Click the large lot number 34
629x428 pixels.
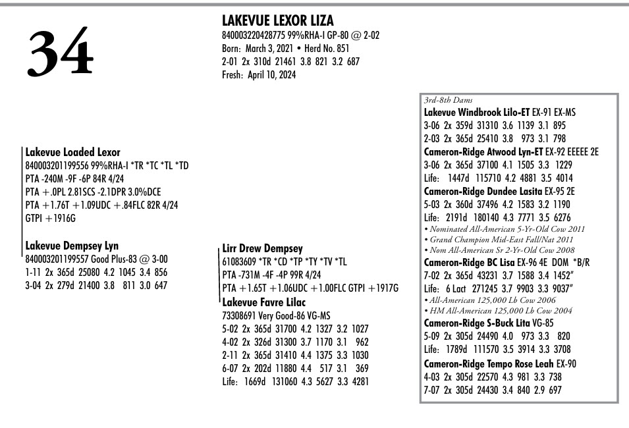(60, 51)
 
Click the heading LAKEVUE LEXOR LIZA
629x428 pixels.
(277, 21)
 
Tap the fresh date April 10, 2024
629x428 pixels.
(271, 74)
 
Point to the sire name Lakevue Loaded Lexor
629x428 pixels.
(72, 152)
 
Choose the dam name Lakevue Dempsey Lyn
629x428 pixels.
(72, 246)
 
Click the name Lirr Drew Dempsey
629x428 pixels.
(262, 249)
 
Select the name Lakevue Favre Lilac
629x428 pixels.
(263, 302)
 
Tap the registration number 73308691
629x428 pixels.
(240, 315)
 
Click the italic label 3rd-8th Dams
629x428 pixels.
(447, 100)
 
